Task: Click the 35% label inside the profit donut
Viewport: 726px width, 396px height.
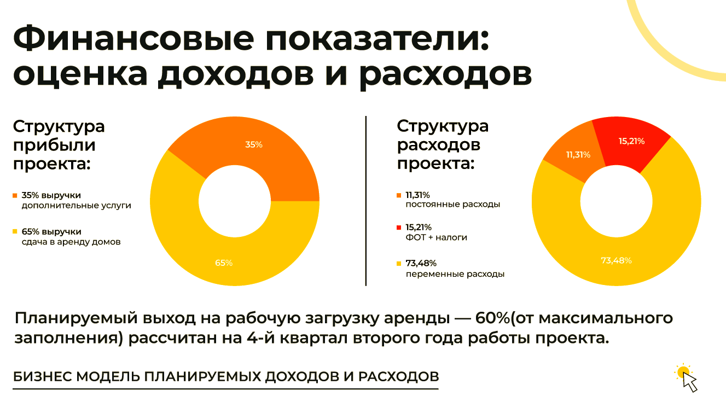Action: [x=254, y=145]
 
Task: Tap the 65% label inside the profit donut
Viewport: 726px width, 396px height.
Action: [x=224, y=263]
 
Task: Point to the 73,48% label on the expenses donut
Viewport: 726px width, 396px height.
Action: [x=616, y=260]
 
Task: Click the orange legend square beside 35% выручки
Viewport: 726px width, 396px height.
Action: [x=15, y=195]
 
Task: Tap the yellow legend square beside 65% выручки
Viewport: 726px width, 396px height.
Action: [x=15, y=232]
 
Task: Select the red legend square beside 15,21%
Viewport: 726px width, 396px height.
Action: [x=399, y=227]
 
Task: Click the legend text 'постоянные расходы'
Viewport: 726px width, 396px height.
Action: [x=452, y=205]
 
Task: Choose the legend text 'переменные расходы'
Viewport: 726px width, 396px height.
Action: [x=455, y=274]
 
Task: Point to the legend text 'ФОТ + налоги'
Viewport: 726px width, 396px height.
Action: [x=436, y=237]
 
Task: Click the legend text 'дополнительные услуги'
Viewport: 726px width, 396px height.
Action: [x=77, y=206]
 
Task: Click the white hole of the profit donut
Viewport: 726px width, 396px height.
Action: [x=234, y=201]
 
